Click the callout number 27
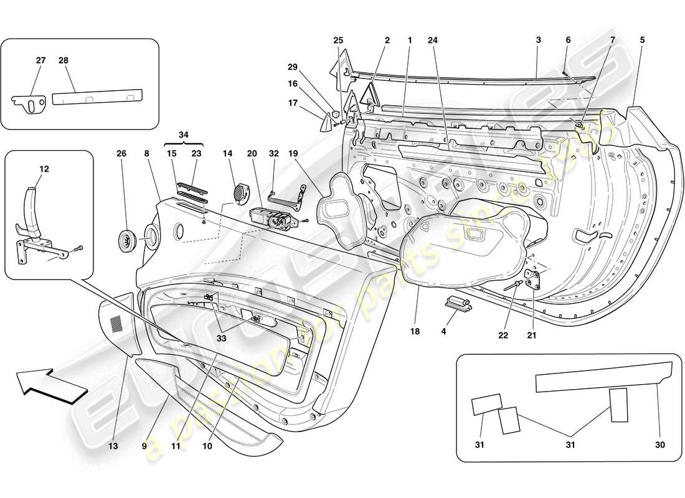[x=40, y=60]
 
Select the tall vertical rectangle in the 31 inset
[x=620, y=405]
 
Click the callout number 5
[x=642, y=40]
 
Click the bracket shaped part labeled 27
[x=28, y=104]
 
